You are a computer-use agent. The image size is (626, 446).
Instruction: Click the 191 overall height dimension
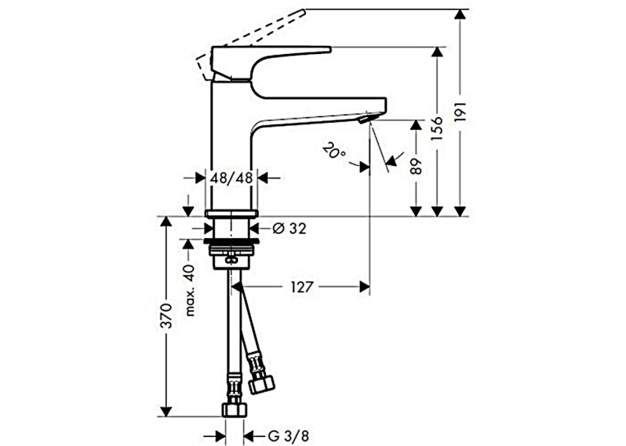click(461, 112)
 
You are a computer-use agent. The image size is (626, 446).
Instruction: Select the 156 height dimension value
click(438, 128)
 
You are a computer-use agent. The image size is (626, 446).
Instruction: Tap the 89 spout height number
click(416, 166)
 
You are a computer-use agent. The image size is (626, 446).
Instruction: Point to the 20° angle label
click(335, 151)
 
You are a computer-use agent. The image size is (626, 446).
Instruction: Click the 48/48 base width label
click(232, 178)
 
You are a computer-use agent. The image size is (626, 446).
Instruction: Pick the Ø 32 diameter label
click(290, 229)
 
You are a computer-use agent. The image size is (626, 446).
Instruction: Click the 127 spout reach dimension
click(301, 286)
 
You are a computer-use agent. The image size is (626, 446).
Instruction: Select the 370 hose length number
click(166, 316)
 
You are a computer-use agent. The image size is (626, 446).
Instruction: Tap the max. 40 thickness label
click(190, 290)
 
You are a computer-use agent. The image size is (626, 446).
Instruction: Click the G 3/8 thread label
click(288, 435)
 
